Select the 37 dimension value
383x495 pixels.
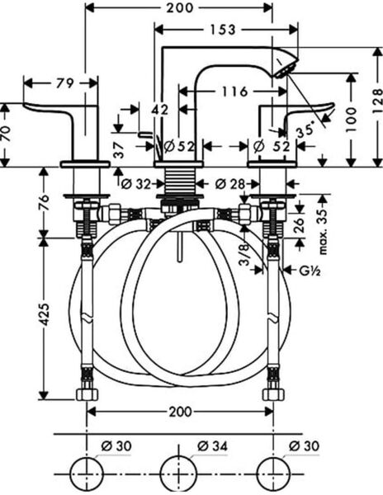119,149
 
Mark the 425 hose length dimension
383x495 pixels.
45,314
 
